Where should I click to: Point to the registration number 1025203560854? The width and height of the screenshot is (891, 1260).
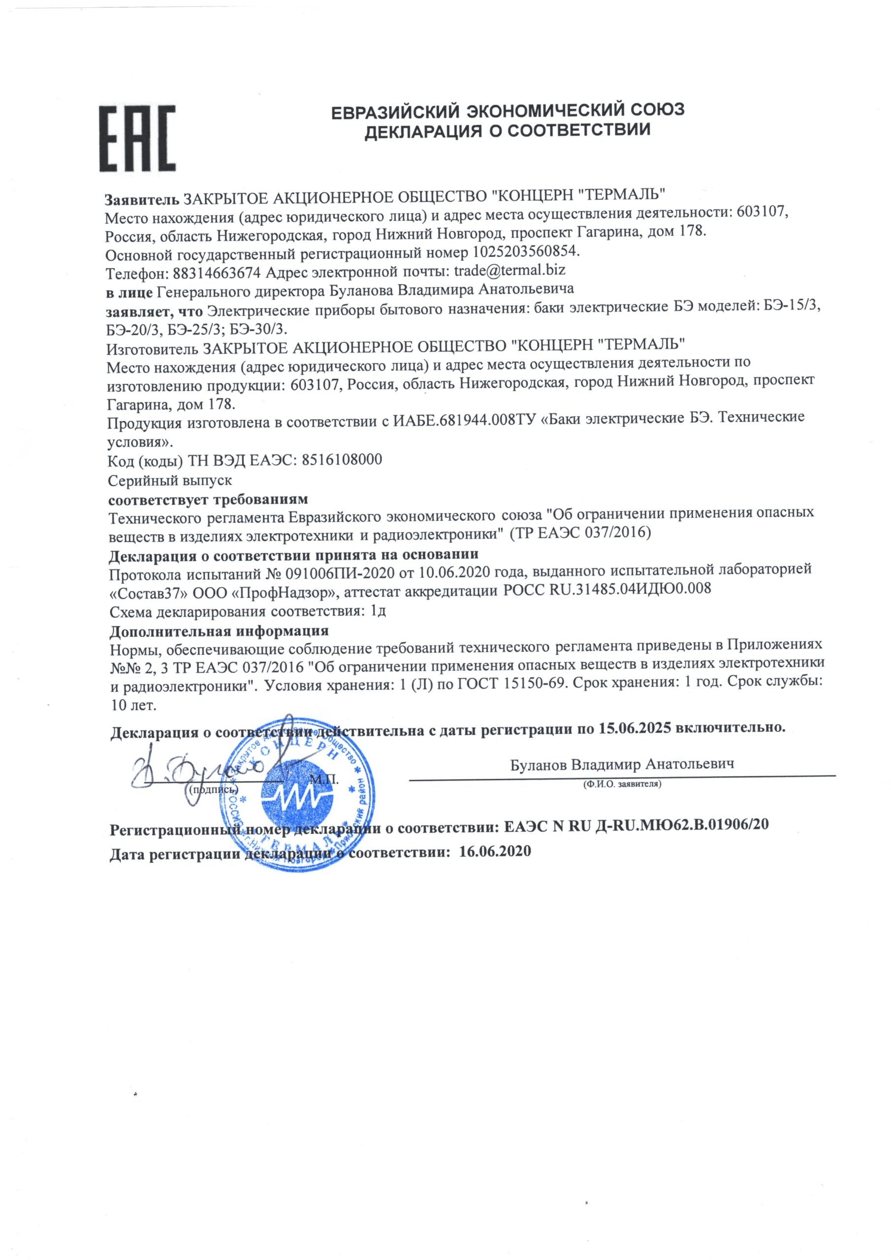point(525,252)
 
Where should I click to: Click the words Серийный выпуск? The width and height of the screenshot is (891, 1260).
point(170,480)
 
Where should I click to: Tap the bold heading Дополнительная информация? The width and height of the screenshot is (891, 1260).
point(219,630)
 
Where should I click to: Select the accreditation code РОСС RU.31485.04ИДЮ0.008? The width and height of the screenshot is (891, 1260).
point(606,589)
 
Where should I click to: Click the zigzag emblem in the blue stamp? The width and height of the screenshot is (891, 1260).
point(299,796)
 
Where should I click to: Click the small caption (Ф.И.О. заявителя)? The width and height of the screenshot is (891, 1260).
point(622,784)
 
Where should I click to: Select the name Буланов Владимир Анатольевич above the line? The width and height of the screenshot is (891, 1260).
point(622,764)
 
